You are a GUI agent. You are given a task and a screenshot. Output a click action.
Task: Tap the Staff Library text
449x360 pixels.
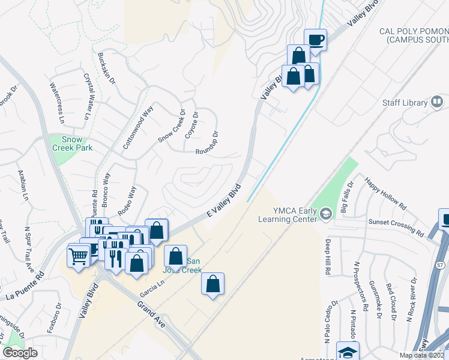tap(405, 103)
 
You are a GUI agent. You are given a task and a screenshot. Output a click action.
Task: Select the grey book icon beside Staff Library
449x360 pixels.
tap(437, 103)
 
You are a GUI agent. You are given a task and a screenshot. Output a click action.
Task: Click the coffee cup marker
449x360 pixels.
tap(316, 40)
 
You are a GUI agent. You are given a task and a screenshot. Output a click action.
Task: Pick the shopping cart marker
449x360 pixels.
tap(79, 256)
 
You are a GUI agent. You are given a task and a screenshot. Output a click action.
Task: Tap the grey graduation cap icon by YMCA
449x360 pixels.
tap(325, 214)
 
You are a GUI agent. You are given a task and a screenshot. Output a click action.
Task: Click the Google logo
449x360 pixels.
tap(20, 353)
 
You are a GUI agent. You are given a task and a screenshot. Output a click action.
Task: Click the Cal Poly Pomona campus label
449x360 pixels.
tap(414, 35)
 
